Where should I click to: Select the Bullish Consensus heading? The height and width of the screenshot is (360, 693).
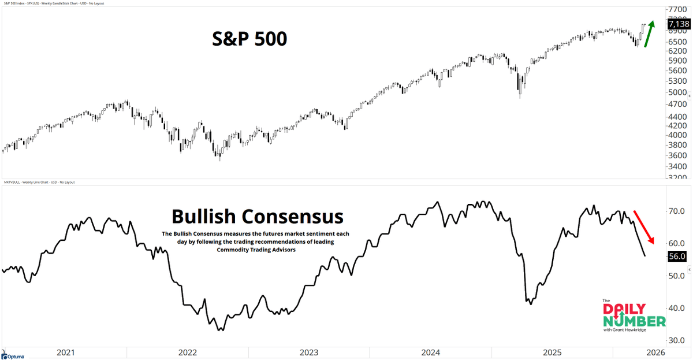click(257, 217)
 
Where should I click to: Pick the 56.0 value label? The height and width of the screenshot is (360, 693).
click(676, 256)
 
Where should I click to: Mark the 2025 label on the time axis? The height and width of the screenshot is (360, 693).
click(554, 352)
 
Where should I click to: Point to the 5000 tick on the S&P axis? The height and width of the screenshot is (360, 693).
click(676, 92)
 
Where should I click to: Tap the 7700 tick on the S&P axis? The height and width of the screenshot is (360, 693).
click(676, 10)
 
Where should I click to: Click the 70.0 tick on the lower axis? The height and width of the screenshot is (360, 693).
click(675, 211)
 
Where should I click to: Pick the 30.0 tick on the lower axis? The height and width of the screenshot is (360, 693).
click(675, 340)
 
